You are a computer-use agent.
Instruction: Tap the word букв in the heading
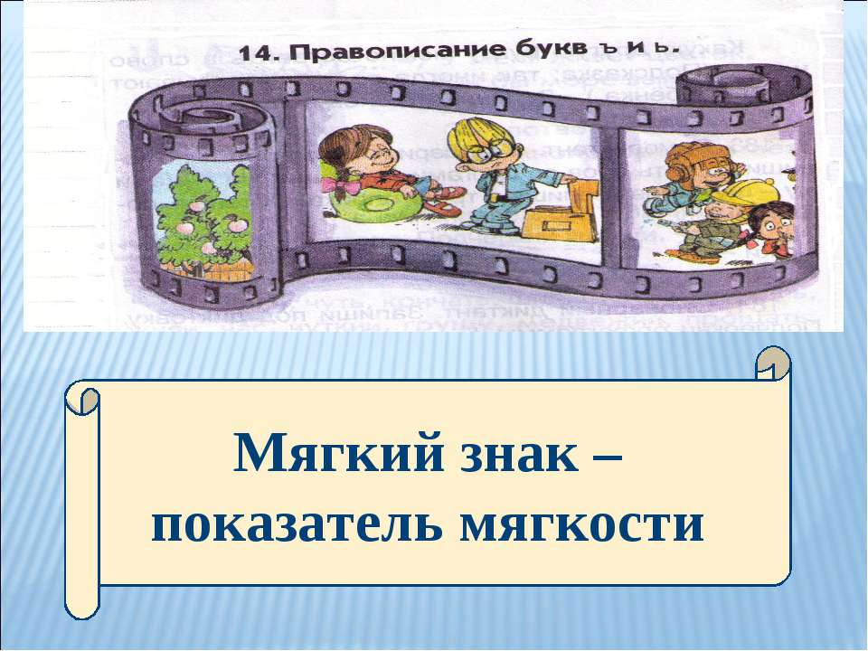(495, 52)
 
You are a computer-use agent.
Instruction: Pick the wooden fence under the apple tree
(194, 264)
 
